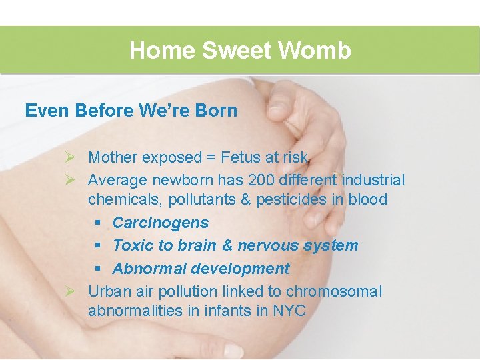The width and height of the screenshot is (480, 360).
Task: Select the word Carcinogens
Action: pyautogui.click(x=161, y=223)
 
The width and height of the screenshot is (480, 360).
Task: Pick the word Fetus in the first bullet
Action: pyautogui.click(x=229, y=157)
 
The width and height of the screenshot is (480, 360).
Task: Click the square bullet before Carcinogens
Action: pyautogui.click(x=98, y=223)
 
